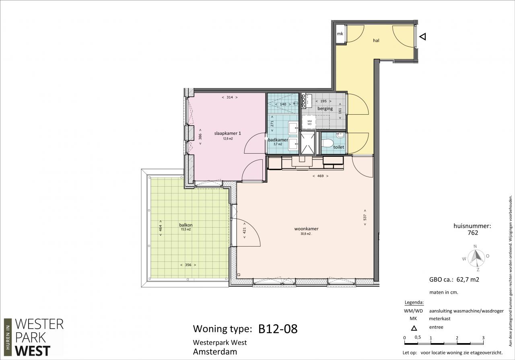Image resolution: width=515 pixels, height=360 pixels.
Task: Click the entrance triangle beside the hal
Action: click(423, 37)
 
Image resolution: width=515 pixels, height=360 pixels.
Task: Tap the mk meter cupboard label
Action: click(340, 34)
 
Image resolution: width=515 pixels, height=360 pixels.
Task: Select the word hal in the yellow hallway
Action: click(376, 41)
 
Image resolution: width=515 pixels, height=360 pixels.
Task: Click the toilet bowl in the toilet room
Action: click(328, 143)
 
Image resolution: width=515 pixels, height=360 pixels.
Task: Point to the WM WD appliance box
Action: click(309, 122)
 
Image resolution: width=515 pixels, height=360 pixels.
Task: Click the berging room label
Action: click(325, 109)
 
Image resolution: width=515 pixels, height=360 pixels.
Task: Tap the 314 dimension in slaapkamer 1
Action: click(230, 97)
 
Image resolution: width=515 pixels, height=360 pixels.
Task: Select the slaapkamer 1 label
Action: click(228, 133)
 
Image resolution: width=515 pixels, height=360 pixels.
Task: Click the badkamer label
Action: click(278, 140)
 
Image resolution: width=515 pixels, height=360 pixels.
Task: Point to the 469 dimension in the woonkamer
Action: click(320, 176)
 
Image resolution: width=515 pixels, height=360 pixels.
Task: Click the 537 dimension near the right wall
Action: click(365, 217)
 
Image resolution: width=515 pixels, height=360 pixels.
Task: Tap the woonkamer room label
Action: click(306, 229)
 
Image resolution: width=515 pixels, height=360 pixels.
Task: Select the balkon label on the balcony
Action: click(186, 225)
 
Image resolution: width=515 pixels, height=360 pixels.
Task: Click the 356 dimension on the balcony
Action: click(188, 265)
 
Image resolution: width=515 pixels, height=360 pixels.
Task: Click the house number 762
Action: click(473, 233)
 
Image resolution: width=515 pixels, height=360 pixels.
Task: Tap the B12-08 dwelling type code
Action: click(278, 329)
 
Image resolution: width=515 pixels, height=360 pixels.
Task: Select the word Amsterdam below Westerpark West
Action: click(215, 352)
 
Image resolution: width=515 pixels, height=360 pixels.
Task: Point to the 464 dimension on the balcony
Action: click(161, 228)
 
